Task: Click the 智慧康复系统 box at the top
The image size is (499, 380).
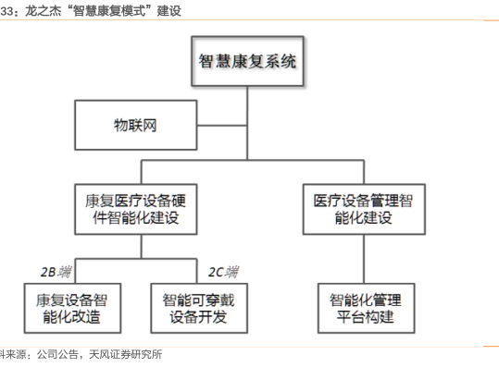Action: coord(247,61)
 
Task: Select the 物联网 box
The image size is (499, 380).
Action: coord(136,125)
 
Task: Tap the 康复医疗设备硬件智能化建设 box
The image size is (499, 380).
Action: coord(136,209)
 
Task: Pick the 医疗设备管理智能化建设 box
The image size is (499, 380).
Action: coord(364,209)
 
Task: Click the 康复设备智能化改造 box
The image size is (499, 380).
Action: coord(72,308)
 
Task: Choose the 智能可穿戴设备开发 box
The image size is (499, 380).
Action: coord(199,308)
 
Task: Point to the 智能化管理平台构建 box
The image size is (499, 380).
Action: coord(367,308)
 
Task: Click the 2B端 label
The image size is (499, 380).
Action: coord(56,272)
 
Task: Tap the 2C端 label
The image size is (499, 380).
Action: coord(223,272)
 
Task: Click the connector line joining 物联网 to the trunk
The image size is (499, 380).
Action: coord(222,126)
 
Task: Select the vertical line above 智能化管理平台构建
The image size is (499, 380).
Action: coord(364,259)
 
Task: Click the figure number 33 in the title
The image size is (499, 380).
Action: coord(6,11)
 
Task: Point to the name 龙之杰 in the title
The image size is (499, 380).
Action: coord(44,11)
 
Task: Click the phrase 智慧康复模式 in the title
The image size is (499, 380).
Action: coord(109,11)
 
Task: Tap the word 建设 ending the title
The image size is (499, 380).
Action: coord(169,11)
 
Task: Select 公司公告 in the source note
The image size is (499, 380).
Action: coord(57,354)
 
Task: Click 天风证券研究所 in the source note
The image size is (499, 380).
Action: coord(125,354)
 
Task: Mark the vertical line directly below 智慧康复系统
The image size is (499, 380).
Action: coord(247,123)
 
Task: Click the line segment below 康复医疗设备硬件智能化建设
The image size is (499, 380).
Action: coord(142,247)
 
